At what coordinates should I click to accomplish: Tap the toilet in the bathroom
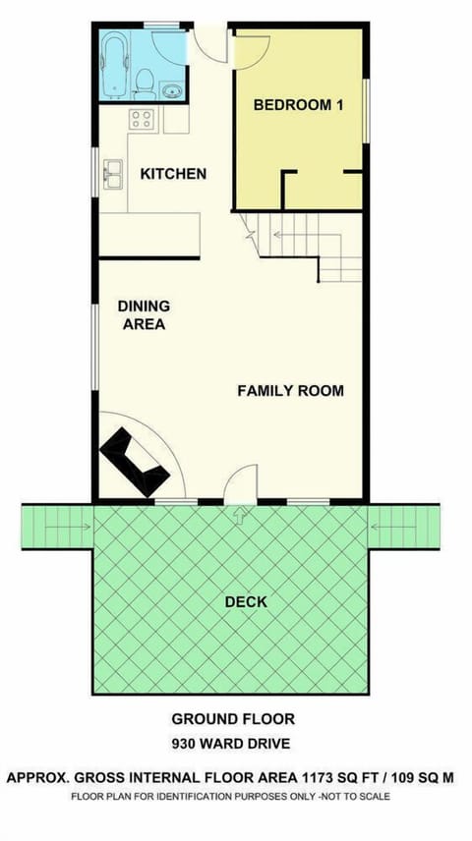pos(145,78)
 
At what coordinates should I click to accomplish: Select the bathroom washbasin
pos(174,91)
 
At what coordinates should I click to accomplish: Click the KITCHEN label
pos(173,174)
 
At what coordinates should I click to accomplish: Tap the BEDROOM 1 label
pos(298,105)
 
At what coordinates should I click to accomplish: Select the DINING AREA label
pos(144,314)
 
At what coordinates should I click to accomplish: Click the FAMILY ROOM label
pos(290,390)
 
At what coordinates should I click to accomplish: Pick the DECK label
pos(245,601)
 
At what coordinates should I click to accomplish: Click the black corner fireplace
pos(131,463)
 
